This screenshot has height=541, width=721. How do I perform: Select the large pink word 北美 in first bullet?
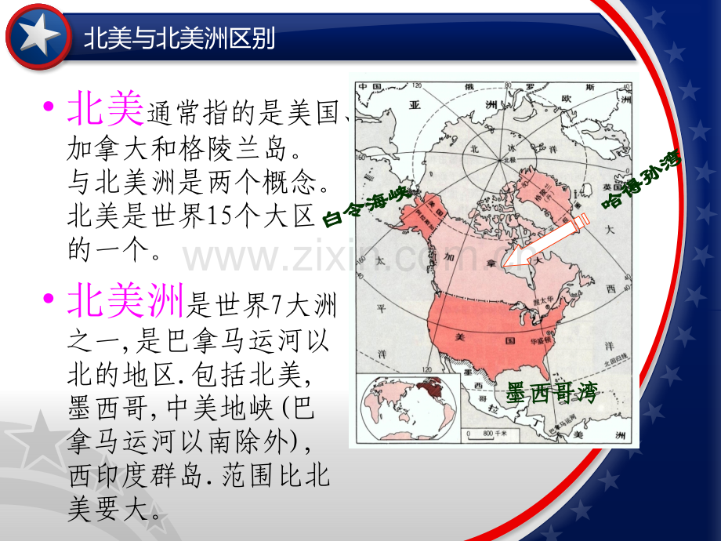(x=105, y=109)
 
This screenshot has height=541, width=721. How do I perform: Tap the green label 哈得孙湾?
(x=642, y=180)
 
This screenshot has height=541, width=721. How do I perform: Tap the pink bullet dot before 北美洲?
(x=51, y=298)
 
